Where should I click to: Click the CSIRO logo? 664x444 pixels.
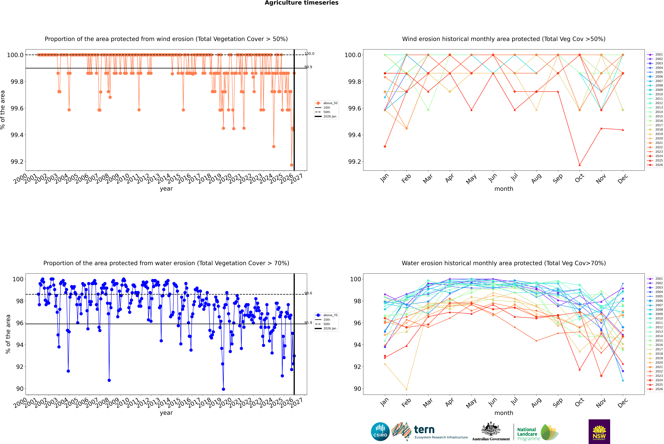pos(380,432)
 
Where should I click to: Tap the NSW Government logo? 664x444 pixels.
pos(599,432)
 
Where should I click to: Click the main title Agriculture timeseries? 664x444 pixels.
pos(301,3)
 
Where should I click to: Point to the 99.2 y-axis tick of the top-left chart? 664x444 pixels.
pos(17,162)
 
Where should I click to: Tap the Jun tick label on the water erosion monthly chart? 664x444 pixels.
pos(493,402)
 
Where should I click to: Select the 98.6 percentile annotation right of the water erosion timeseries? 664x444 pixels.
pos(308,293)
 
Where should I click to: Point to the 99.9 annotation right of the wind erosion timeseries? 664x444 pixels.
pos(308,67)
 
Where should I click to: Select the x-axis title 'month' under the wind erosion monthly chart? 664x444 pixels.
pos(504,189)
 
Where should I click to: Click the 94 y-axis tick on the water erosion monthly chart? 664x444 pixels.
pos(357,345)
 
